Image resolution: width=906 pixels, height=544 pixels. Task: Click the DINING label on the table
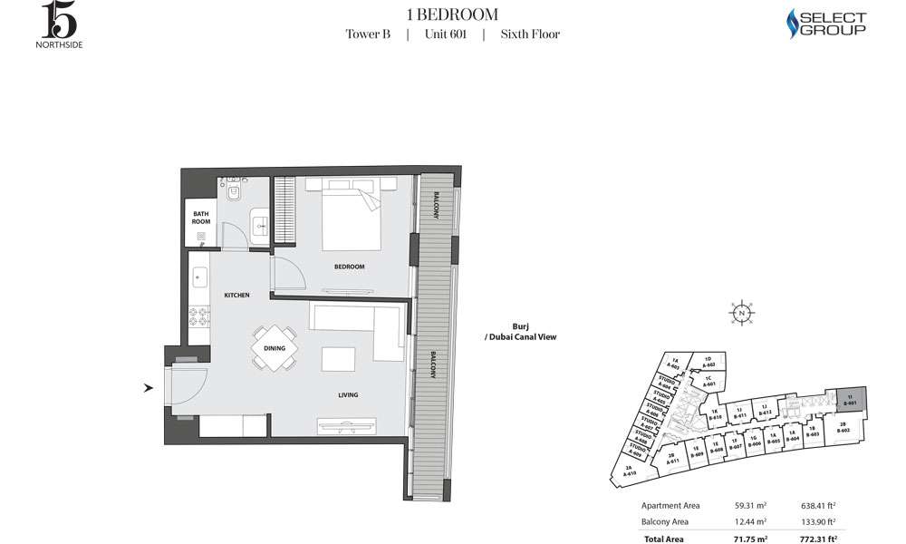[275, 348]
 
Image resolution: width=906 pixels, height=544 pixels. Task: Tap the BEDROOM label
[349, 267]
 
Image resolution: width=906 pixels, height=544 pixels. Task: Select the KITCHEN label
[236, 296]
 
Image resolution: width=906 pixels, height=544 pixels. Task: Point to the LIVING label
[348, 395]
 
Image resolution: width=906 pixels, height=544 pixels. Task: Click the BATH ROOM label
[200, 218]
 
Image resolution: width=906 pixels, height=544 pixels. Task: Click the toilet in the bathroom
[234, 193]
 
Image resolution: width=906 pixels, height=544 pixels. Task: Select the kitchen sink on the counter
[199, 276]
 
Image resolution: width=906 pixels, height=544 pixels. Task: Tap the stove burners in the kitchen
[199, 316]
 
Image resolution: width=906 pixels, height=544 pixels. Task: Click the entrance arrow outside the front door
[148, 389]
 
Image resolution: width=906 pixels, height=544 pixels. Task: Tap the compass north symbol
[742, 314]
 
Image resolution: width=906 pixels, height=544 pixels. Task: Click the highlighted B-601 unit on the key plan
[850, 399]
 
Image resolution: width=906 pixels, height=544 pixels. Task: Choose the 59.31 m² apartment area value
[748, 506]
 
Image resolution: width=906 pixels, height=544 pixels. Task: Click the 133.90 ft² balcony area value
[816, 521]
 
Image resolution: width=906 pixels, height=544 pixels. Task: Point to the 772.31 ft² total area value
[816, 538]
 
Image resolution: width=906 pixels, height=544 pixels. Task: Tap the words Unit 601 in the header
[445, 34]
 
